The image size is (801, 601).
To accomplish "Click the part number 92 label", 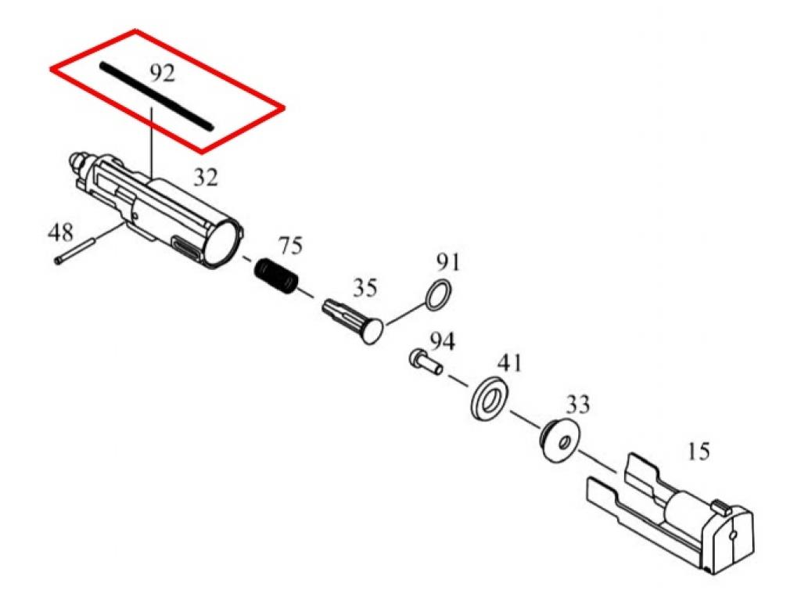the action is click(x=163, y=74).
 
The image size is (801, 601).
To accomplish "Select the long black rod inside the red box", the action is click(x=156, y=96).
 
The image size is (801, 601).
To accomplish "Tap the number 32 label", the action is click(x=206, y=178).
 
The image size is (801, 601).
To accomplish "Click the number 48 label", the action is click(x=60, y=232).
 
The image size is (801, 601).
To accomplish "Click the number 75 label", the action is click(x=290, y=246).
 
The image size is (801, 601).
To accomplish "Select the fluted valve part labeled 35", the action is click(x=353, y=320).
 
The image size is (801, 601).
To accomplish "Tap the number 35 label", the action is click(x=365, y=288).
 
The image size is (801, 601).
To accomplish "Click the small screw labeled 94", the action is click(x=426, y=361).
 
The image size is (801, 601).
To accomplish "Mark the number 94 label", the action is click(x=443, y=341).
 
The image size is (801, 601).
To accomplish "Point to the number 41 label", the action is click(x=510, y=363).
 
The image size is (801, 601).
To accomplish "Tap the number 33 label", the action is click(x=578, y=405).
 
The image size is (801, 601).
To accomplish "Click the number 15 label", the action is click(x=699, y=452).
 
